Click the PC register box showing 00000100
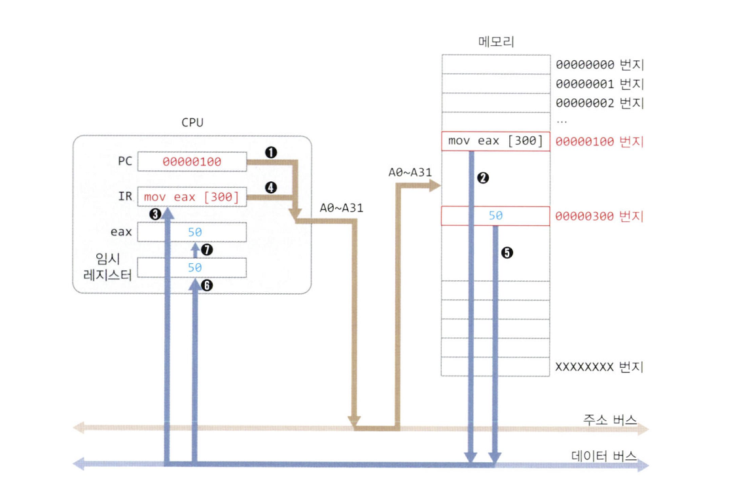pyautogui.click(x=192, y=162)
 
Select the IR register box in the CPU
pyautogui.click(x=192, y=196)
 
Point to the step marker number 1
pyautogui.click(x=270, y=152)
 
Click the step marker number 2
pyautogui.click(x=484, y=178)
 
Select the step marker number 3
pyautogui.click(x=155, y=213)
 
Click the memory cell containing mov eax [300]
pyautogui.click(x=495, y=141)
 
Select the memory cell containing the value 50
pyautogui.click(x=495, y=215)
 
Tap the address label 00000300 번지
pyautogui.click(x=599, y=216)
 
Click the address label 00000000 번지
pyautogui.click(x=599, y=65)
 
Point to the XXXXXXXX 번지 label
pyautogui.click(x=599, y=367)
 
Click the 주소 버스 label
pyautogui.click(x=609, y=420)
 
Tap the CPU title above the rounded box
pyautogui.click(x=192, y=122)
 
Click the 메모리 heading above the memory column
pyautogui.click(x=495, y=43)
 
